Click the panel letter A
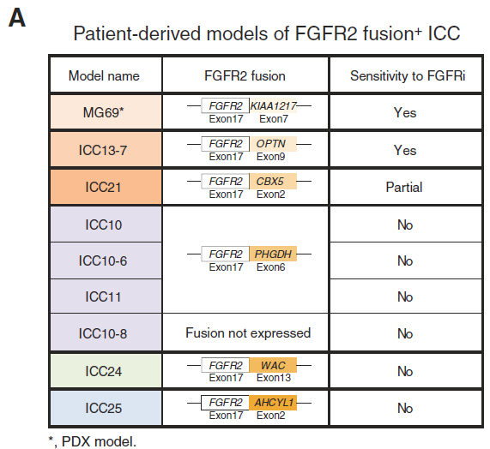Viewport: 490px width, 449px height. (x=17, y=18)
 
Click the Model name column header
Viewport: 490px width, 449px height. (x=104, y=75)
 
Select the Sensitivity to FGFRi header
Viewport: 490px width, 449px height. (x=408, y=75)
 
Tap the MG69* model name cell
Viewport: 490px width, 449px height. (x=106, y=111)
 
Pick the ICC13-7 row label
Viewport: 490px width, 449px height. (x=106, y=149)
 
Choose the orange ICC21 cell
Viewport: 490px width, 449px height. (x=106, y=187)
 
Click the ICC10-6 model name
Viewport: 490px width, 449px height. (x=103, y=260)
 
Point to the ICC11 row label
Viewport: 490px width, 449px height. (x=103, y=296)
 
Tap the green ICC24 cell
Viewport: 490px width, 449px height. (x=106, y=370)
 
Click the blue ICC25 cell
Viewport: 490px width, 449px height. (x=106, y=408)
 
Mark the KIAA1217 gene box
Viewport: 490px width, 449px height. (x=273, y=105)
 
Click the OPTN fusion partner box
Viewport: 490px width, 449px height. (x=273, y=144)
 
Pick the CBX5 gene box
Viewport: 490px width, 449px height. (x=273, y=182)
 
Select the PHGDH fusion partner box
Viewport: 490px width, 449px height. (x=273, y=254)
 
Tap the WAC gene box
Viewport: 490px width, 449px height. (x=273, y=365)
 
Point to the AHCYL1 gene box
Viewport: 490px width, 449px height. (x=273, y=403)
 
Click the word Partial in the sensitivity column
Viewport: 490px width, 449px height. (x=404, y=187)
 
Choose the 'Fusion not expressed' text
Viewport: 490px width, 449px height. (x=248, y=333)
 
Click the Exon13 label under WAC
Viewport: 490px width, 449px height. (x=274, y=378)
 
